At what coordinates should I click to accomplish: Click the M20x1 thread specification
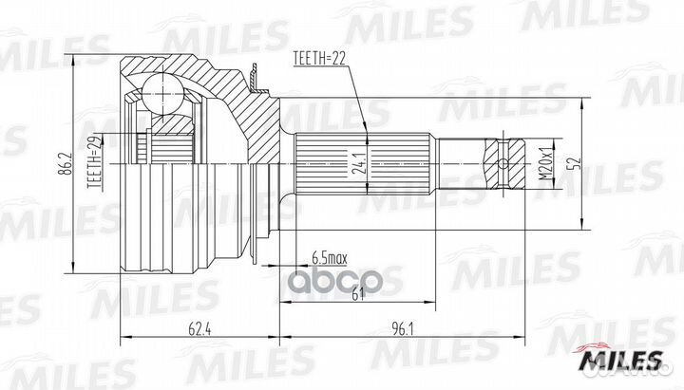(544, 160)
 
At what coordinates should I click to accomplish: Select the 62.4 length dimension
(197, 330)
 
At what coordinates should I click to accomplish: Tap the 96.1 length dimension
(402, 330)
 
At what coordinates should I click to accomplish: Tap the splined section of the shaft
(366, 163)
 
